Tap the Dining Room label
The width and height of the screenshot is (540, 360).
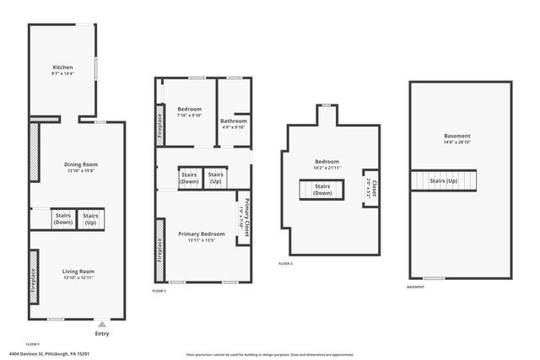point(82,164)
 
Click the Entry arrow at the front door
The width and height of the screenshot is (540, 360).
point(101,323)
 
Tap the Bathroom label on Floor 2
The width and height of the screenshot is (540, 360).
point(234,121)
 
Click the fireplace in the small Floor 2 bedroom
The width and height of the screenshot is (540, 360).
point(159,124)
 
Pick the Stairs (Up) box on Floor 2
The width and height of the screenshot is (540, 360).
point(215,178)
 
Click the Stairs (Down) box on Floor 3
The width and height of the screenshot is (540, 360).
point(322,191)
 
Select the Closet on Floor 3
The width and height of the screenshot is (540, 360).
point(368,189)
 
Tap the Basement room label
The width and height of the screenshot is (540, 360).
point(456,136)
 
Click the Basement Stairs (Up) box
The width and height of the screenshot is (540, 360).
point(444,181)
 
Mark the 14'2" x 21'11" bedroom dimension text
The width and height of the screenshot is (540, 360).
point(327,169)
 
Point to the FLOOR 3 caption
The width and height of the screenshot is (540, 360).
point(286,264)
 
